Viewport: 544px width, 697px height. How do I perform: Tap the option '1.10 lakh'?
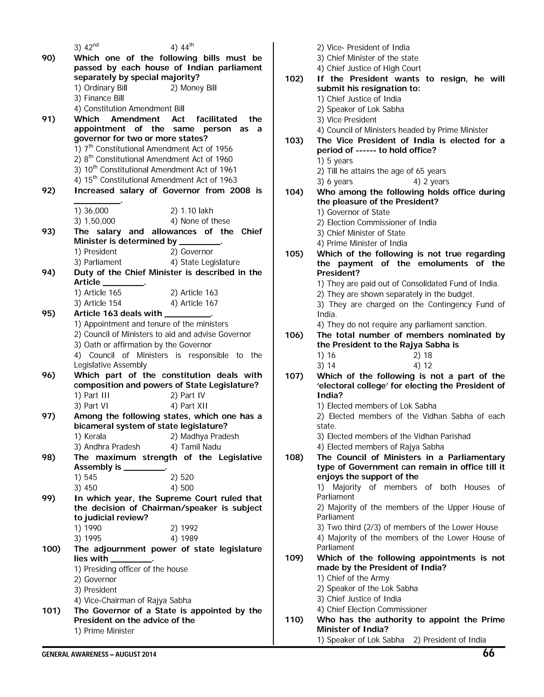pos(192,211)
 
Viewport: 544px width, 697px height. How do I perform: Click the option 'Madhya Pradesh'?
pos(205,436)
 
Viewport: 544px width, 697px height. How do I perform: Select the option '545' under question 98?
pos(86,478)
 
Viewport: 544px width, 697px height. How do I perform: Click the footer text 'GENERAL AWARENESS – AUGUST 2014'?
pos(99,654)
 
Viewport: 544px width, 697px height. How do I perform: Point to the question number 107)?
pos(294,376)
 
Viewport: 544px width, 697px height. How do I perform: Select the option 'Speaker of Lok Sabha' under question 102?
pos(360,109)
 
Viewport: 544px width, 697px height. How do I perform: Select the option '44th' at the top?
pos(182,48)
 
